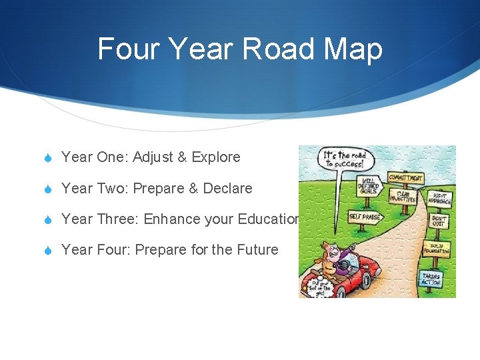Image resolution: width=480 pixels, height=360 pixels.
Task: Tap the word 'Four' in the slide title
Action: pyautogui.click(x=128, y=49)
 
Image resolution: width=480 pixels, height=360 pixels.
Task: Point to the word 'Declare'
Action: pyautogui.click(x=227, y=189)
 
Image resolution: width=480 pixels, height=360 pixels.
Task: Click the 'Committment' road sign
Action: pyautogui.click(x=405, y=179)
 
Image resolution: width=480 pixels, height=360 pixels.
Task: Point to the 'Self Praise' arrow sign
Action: pyautogui.click(x=364, y=217)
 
